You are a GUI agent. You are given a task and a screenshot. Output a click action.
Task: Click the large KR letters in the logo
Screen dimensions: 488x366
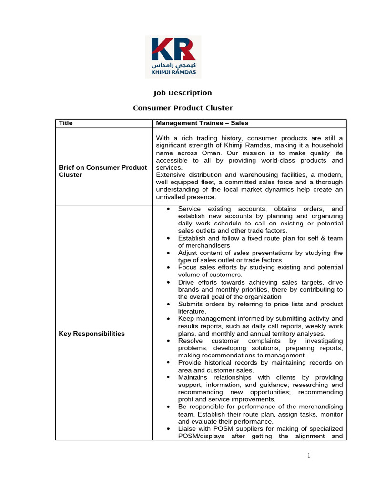(x=173, y=50)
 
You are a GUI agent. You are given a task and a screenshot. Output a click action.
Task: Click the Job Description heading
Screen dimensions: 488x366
(x=183, y=93)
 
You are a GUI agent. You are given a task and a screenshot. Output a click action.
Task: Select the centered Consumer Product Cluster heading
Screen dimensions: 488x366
(x=183, y=108)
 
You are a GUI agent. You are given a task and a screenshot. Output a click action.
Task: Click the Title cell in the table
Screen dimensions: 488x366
(x=66, y=123)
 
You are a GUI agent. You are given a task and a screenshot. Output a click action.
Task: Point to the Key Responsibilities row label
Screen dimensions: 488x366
(x=91, y=334)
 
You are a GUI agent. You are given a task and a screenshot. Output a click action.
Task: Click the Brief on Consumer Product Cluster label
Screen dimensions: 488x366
(x=102, y=171)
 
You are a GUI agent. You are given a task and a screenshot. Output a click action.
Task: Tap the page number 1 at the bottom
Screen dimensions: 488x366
(x=308, y=456)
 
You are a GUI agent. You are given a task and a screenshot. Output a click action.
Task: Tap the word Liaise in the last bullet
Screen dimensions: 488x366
(x=188, y=429)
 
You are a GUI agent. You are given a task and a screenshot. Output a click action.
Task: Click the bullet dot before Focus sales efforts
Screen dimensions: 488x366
(x=169, y=268)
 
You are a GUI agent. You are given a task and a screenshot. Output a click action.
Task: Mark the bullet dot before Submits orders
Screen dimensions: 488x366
(x=169, y=304)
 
